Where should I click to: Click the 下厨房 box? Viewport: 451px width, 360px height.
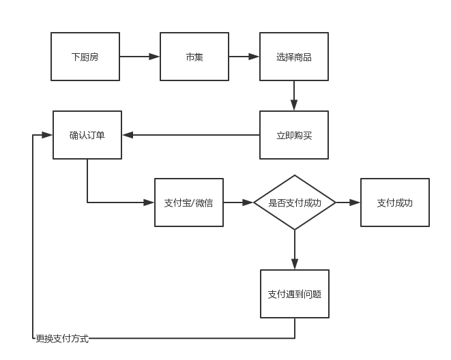click(x=85, y=57)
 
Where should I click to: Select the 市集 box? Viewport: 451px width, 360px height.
click(x=194, y=57)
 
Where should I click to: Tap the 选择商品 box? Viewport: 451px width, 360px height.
click(x=294, y=57)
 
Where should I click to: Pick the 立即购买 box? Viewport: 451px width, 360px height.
click(x=294, y=135)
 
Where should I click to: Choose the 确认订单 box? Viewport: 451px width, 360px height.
click(x=87, y=135)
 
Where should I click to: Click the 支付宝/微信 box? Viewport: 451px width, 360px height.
click(x=189, y=202)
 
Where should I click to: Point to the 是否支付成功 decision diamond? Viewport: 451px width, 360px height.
click(x=295, y=202)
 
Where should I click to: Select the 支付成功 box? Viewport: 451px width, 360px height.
click(x=395, y=202)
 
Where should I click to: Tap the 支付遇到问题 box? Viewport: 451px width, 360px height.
click(x=295, y=294)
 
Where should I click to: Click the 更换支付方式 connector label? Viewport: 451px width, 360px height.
click(x=62, y=339)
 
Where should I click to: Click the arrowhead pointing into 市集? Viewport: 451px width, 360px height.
click(x=154, y=57)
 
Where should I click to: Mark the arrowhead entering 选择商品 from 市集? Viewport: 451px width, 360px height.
click(x=254, y=57)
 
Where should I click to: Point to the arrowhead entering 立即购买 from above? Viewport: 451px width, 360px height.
click(x=294, y=105)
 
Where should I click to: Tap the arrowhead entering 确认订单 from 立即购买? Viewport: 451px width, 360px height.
click(x=128, y=135)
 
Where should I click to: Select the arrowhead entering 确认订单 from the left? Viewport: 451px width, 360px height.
click(x=47, y=135)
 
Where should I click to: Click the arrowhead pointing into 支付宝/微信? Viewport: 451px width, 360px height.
click(x=149, y=202)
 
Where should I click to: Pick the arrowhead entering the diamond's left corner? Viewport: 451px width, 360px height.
click(x=248, y=202)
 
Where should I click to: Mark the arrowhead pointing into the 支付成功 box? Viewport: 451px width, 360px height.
click(x=355, y=202)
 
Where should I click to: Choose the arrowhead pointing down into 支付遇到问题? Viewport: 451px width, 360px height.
click(x=295, y=264)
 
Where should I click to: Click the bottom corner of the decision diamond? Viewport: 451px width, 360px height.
click(x=295, y=230)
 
